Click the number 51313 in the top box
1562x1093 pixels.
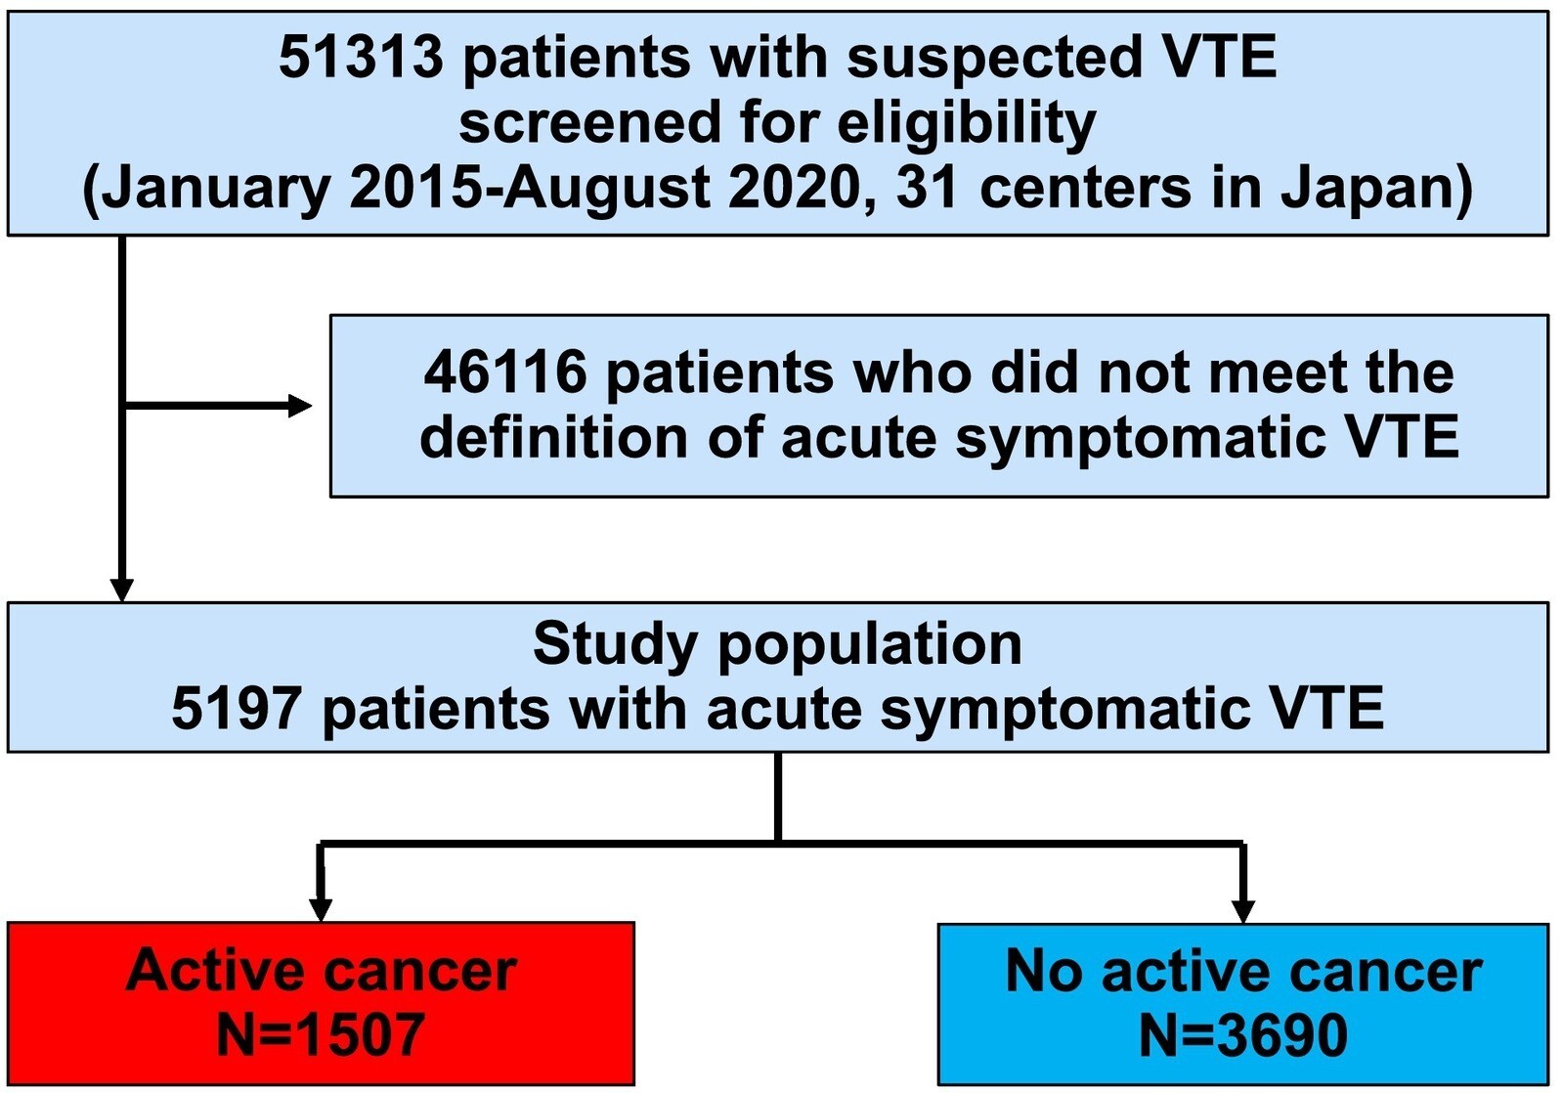(361, 59)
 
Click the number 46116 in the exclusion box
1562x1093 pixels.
(504, 372)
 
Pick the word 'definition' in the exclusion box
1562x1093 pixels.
(553, 437)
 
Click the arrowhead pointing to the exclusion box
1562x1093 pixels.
(300, 406)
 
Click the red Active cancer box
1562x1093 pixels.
(321, 1004)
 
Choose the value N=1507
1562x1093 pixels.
(321, 1035)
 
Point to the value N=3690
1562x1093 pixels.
(1243, 1035)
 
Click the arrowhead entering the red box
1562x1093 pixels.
(321, 911)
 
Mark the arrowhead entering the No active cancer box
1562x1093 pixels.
(1243, 911)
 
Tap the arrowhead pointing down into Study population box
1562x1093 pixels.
(122, 590)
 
